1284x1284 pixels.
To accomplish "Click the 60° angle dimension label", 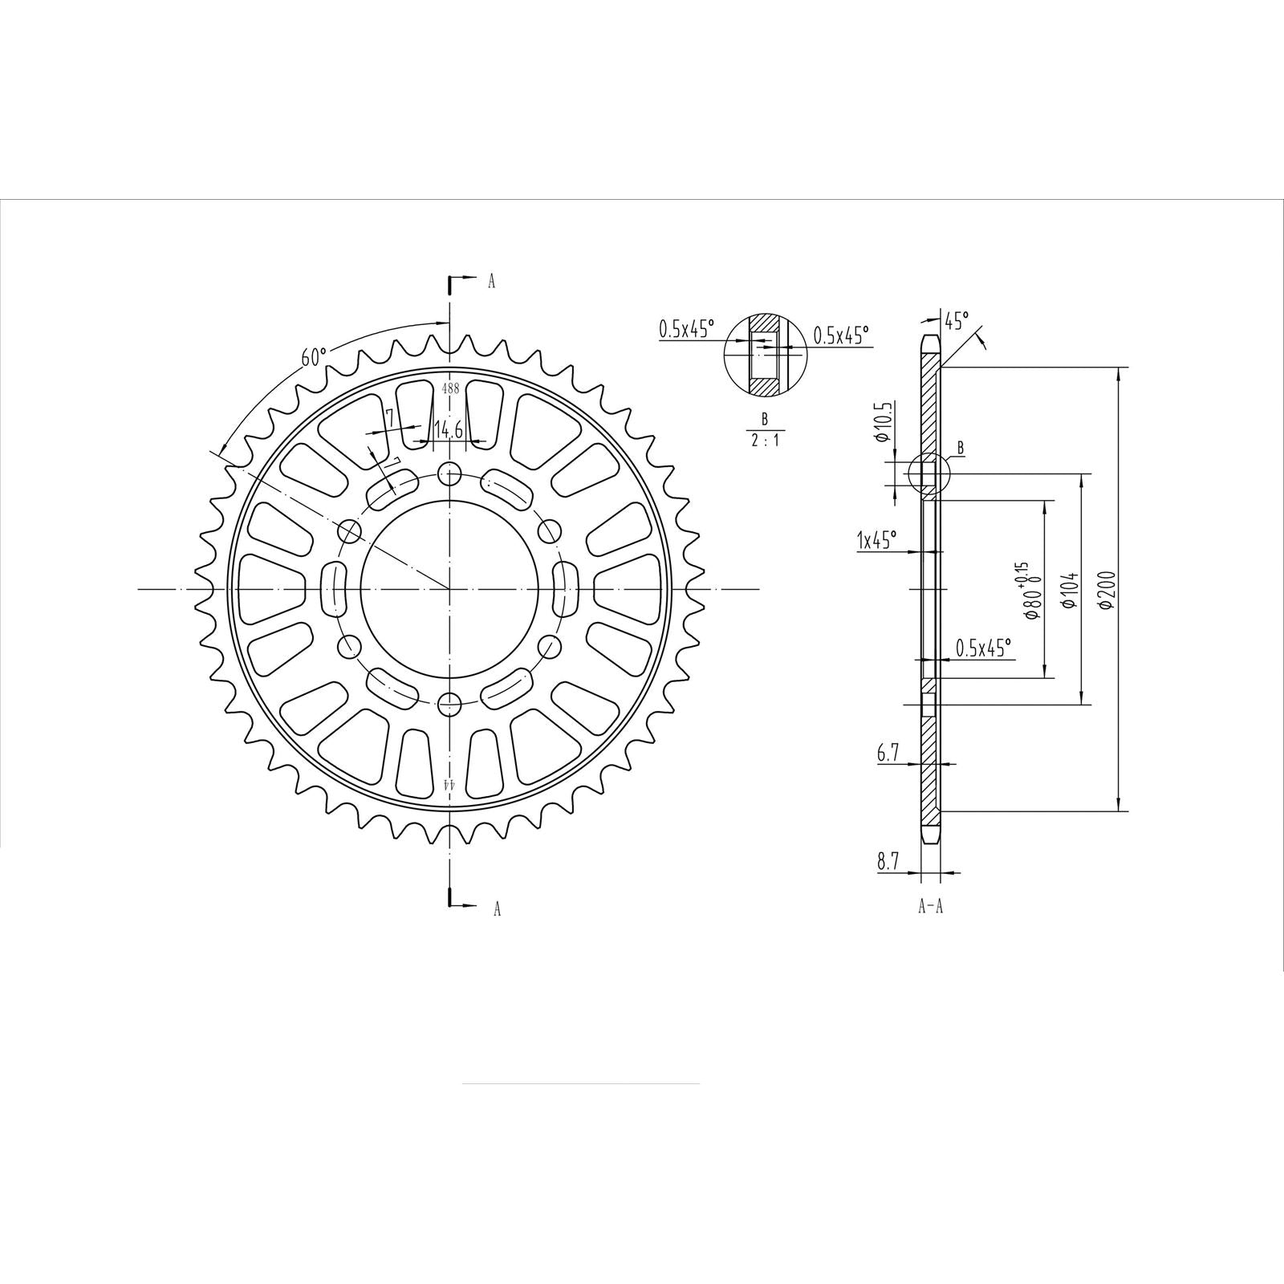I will (315, 356).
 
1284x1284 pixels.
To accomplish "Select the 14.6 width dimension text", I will (448, 430).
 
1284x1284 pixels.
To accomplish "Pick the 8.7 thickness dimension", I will (888, 863).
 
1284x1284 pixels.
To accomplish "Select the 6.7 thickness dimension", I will (888, 754).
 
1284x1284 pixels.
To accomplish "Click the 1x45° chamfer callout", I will (876, 539).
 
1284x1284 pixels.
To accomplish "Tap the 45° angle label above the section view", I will (955, 323).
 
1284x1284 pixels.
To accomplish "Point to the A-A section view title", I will (930, 907).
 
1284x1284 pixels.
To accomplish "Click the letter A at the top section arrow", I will (492, 281).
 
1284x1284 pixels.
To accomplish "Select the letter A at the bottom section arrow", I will (497, 908).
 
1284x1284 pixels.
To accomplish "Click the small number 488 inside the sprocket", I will (450, 388).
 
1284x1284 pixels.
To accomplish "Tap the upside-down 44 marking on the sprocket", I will (450, 782).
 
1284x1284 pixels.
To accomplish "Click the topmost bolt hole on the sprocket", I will (450, 473).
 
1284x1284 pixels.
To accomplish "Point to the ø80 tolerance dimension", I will (1030, 592).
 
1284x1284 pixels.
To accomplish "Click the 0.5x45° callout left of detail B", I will (686, 329).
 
